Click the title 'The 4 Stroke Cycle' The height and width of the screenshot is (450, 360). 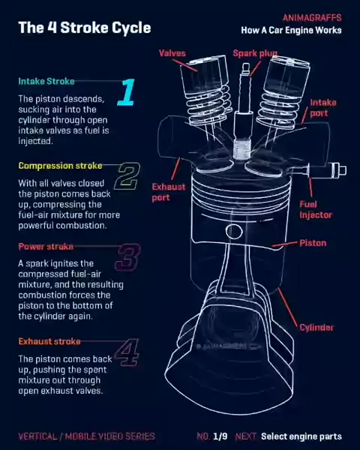[85, 28]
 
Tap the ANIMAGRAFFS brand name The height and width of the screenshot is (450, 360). [312, 18]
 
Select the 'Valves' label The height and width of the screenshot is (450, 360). [172, 53]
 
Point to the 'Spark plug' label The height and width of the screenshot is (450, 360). [255, 53]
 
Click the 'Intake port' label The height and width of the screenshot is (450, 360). [323, 107]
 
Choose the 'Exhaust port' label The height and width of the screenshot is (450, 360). [169, 192]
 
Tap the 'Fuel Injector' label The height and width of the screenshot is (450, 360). [316, 209]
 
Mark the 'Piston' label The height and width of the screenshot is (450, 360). [313, 243]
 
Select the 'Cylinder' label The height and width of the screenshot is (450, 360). [316, 328]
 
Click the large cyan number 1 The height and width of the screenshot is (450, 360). [127, 91]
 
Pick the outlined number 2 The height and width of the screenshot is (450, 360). [127, 176]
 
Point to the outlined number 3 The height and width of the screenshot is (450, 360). [127, 257]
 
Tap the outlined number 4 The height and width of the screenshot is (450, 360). [127, 352]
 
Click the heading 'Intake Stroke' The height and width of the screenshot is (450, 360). [46, 82]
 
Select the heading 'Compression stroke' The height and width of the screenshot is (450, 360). [60, 166]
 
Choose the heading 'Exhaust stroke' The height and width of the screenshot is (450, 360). [49, 341]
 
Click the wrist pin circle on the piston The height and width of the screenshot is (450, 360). [234, 231]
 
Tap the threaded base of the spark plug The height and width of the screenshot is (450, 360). [242, 149]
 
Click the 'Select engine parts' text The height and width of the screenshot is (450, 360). [301, 436]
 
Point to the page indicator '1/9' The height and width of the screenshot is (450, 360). [220, 436]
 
